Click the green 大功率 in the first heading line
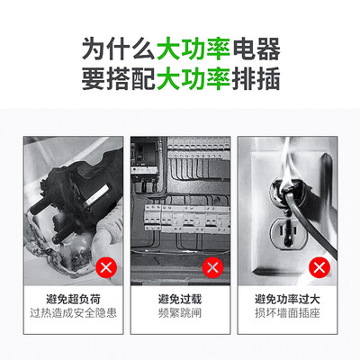coord(193,49)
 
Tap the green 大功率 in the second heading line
coord(193,78)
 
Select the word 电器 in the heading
coord(256,49)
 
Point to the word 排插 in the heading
coord(256,78)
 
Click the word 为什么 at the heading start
coord(119,49)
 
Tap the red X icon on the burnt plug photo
coord(106,267)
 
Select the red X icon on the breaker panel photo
coord(212,267)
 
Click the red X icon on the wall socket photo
coord(319,267)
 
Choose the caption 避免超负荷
coord(73,299)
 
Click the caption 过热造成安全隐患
coord(73,313)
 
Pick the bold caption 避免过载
coord(180,299)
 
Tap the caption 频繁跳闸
coord(180,313)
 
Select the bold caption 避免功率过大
coord(287,299)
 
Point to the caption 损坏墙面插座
coord(287,313)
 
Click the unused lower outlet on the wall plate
coord(287,234)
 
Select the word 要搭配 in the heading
coord(119,78)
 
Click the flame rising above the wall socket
coord(285,160)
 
